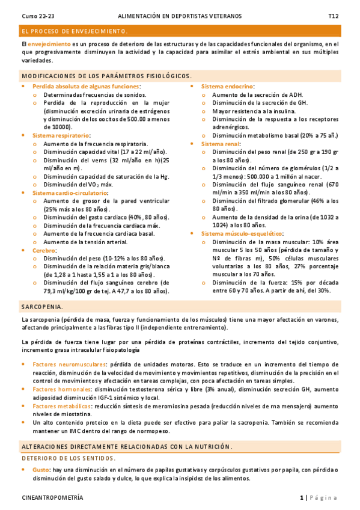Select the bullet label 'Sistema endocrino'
point(227,87)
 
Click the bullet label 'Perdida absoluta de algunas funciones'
point(86,87)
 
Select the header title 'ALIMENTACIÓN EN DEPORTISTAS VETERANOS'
point(180,15)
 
